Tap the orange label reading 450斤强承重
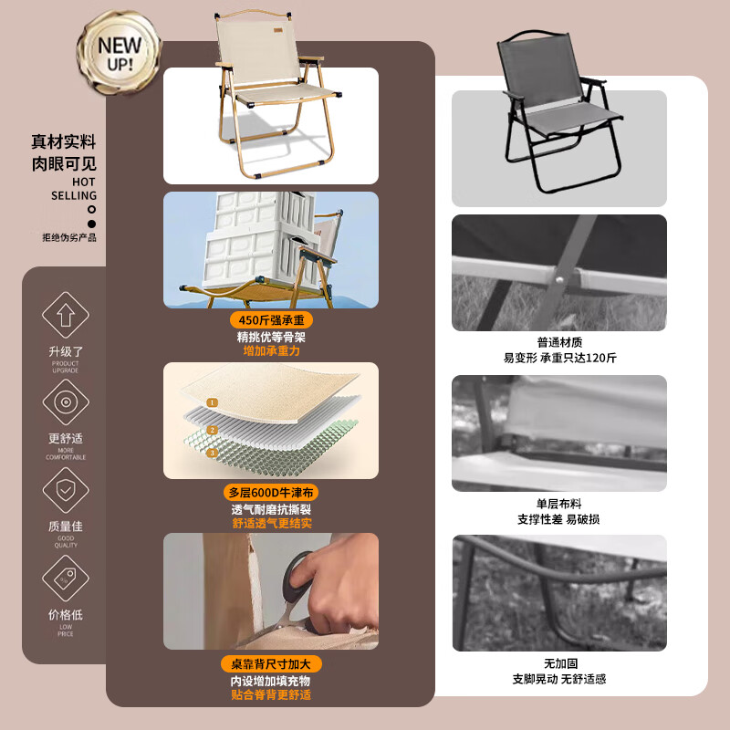tap(271, 320)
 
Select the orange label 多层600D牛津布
tap(271, 492)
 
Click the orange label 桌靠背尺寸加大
tap(271, 663)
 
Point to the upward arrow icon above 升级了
tap(66, 316)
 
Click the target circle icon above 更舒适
tap(66, 401)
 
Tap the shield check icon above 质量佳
tap(66, 489)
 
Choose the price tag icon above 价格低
tap(66, 578)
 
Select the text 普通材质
tap(559, 342)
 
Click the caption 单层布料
tap(559, 503)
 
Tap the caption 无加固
tap(559, 663)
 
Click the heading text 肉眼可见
tap(63, 164)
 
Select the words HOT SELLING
tap(73, 189)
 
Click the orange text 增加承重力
tap(271, 350)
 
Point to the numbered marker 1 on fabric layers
tap(212, 402)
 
